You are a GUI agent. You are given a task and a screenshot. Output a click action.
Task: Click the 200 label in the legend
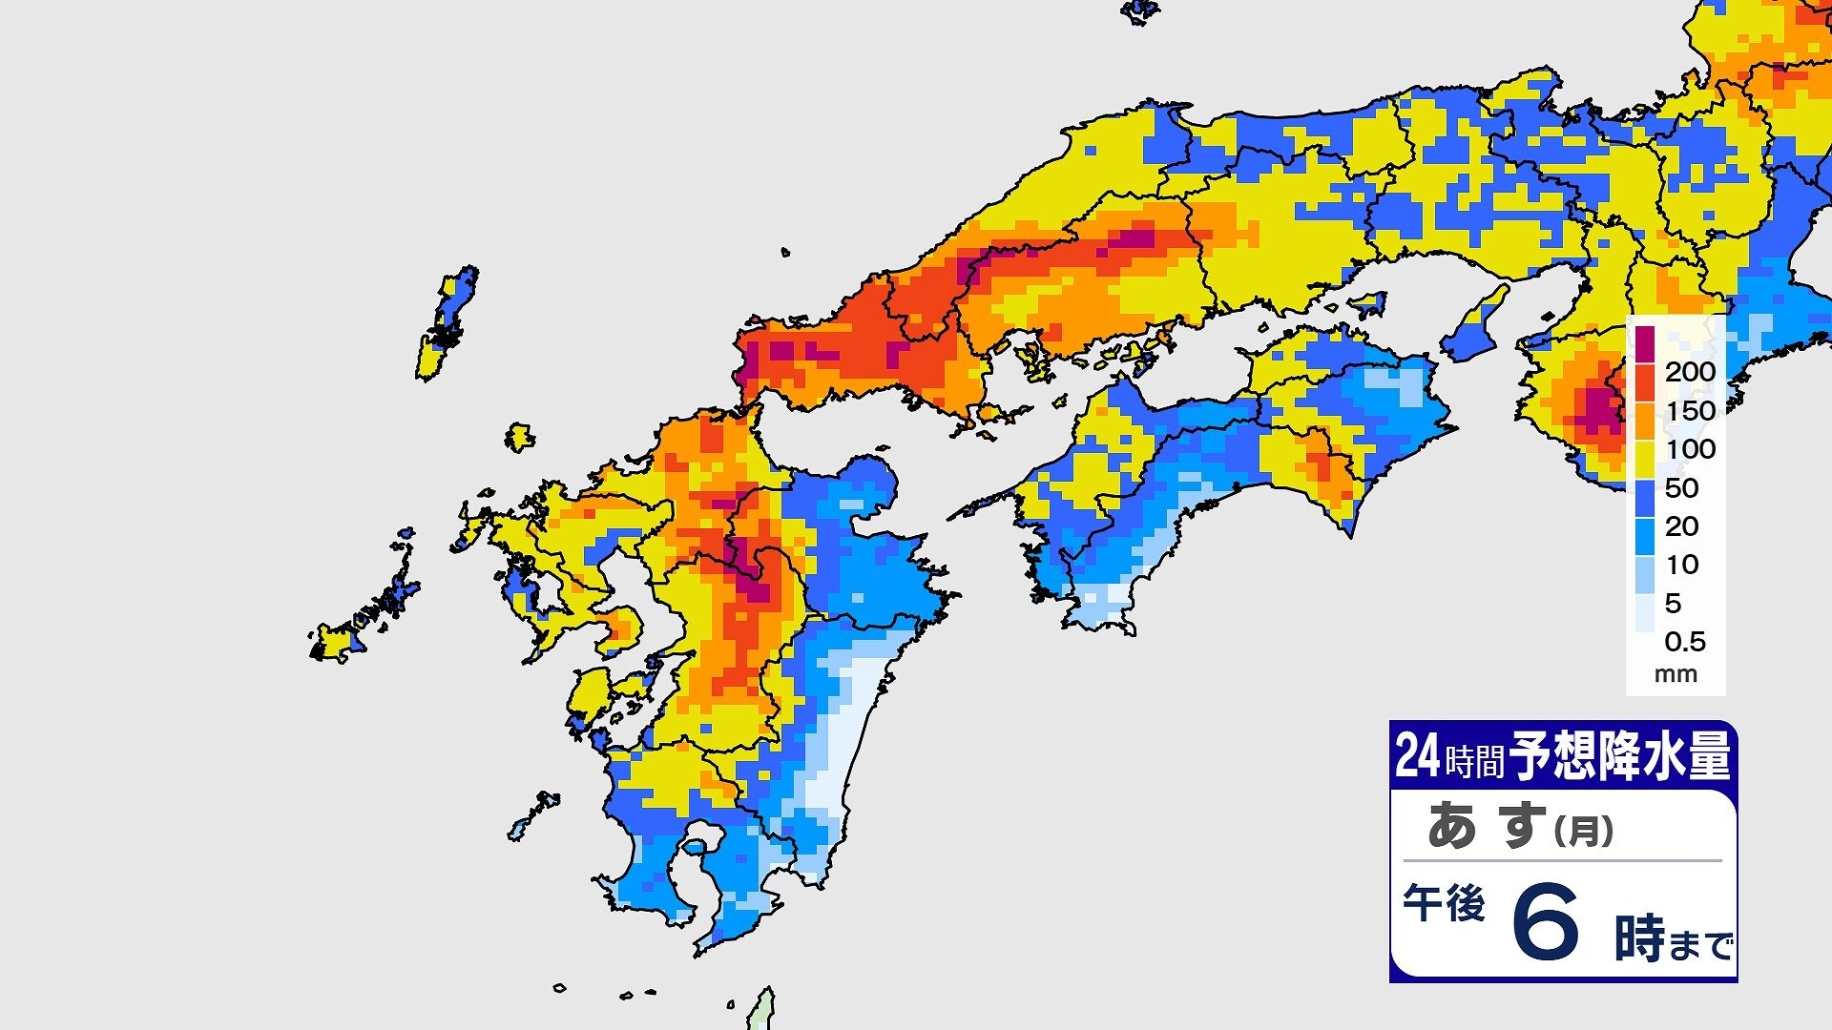[x=1690, y=372]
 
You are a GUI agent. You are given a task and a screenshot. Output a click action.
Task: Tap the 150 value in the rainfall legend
[x=1690, y=411]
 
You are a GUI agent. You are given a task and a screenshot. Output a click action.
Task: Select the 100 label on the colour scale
[x=1690, y=449]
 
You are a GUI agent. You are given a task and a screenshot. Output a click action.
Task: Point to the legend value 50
[x=1681, y=488]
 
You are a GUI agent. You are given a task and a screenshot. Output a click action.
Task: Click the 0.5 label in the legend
[x=1684, y=642]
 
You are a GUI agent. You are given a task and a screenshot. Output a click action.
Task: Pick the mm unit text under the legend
[x=1676, y=674]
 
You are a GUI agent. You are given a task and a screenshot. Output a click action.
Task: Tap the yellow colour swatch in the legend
[x=1645, y=459]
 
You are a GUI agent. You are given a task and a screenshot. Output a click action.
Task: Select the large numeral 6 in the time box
[x=1546, y=922]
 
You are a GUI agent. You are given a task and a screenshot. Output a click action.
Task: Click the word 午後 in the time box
[x=1444, y=903]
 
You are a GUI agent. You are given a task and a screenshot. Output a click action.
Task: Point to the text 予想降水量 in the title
[x=1619, y=757]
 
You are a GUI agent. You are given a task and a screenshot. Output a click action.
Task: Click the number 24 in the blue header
[x=1417, y=756]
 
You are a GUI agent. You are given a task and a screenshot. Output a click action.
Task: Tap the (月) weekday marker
[x=1584, y=831]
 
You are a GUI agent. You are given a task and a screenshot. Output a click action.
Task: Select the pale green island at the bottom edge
[x=761, y=1012]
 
